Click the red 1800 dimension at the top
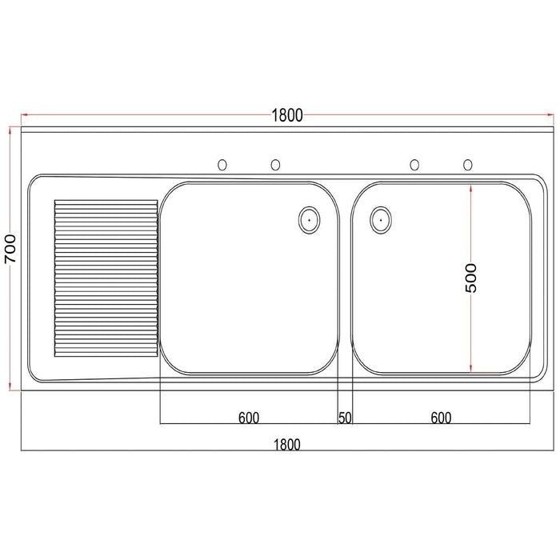click(287, 115)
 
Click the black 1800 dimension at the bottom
click(286, 445)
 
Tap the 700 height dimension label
click(10, 249)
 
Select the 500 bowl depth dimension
click(471, 278)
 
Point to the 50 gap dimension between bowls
click(345, 418)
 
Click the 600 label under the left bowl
click(249, 418)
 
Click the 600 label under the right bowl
click(441, 418)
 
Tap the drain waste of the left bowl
click(309, 220)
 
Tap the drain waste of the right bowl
click(381, 220)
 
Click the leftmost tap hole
click(222, 165)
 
